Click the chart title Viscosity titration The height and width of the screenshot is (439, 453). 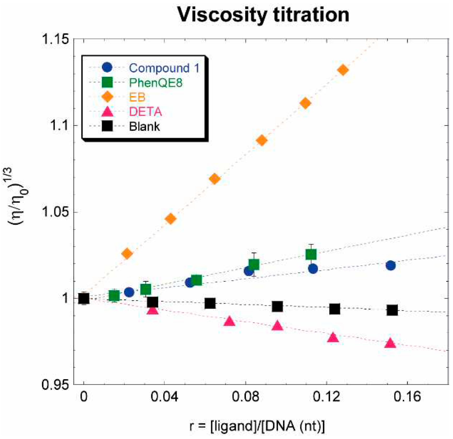[263, 15]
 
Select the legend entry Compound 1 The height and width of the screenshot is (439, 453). [164, 68]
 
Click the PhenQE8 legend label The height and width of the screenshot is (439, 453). [156, 83]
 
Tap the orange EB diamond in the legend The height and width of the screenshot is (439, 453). [107, 97]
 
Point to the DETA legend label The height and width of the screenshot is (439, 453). [145, 112]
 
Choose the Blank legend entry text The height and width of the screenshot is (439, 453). [144, 127]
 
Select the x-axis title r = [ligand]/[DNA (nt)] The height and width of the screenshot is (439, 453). [257, 426]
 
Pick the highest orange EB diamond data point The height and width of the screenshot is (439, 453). [343, 70]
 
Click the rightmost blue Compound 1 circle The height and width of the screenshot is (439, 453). [391, 266]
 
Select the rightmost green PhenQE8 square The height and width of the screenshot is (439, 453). [311, 254]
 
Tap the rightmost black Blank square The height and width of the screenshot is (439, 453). [392, 310]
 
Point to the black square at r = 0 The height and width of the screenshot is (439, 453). [84, 298]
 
